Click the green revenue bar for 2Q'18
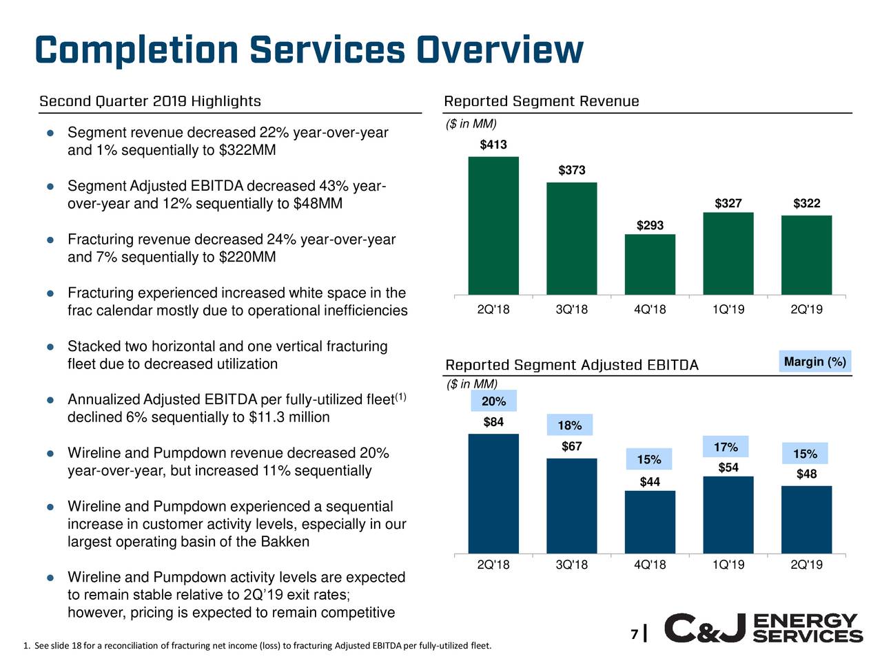tap(493, 226)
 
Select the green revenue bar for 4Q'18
tap(650, 264)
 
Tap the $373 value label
tap(572, 170)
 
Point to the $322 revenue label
tap(806, 203)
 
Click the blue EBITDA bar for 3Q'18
tap(572, 506)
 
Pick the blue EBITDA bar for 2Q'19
tap(806, 520)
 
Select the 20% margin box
tap(493, 401)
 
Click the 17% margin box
tap(726, 448)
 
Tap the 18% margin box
tap(570, 426)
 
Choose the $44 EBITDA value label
tap(650, 482)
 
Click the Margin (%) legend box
tap(815, 361)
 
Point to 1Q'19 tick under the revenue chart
tap(728, 309)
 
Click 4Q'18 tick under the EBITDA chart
tap(650, 565)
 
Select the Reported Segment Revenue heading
tap(542, 102)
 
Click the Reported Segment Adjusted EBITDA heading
tap(572, 365)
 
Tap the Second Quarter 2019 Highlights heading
tap(150, 102)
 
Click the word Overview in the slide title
tap(500, 50)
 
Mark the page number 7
tap(634, 634)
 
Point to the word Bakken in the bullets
tap(285, 542)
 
